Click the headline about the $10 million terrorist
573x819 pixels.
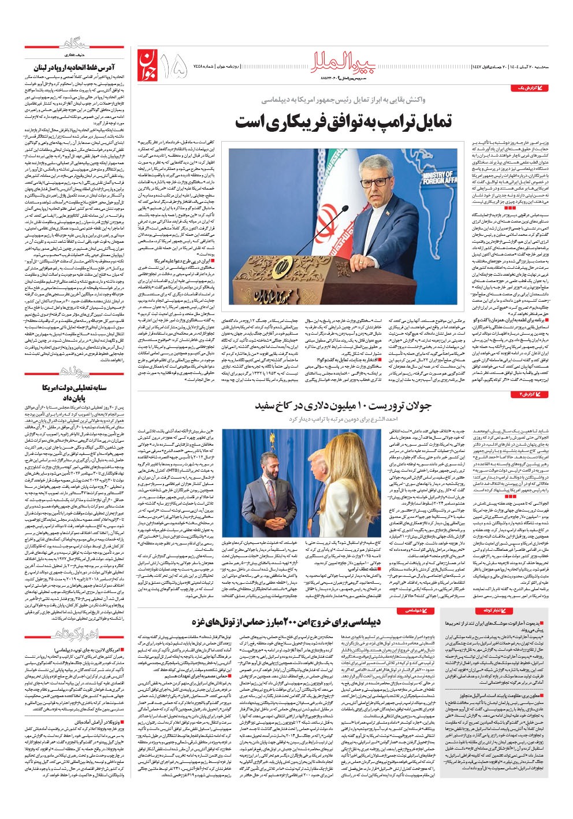343,406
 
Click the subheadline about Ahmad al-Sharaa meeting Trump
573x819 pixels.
343,418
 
